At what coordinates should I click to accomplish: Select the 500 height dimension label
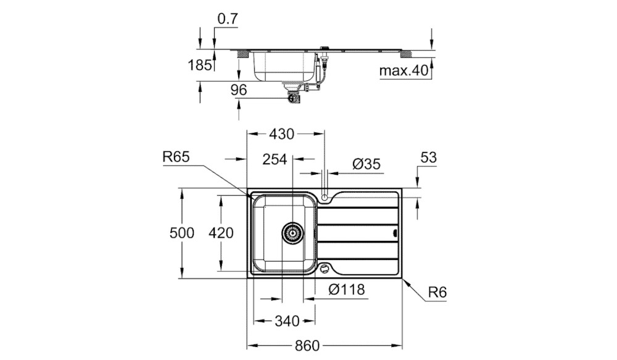[x=182, y=233]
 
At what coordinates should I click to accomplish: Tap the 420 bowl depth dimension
[x=221, y=233]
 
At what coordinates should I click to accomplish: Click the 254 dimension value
[x=275, y=159]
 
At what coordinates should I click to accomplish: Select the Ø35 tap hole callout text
[x=366, y=164]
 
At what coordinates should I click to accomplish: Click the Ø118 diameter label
[x=346, y=289]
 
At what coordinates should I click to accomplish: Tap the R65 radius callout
[x=176, y=157]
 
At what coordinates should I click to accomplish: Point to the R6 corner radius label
[x=437, y=293]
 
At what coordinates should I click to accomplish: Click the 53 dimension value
[x=428, y=157]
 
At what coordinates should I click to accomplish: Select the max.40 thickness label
[x=404, y=71]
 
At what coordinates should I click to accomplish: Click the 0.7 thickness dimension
[x=228, y=19]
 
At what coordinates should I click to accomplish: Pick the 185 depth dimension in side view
[x=199, y=65]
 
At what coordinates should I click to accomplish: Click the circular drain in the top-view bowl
[x=292, y=233]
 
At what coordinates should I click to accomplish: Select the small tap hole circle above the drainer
[x=325, y=197]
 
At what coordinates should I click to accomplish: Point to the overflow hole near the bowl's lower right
[x=325, y=269]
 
